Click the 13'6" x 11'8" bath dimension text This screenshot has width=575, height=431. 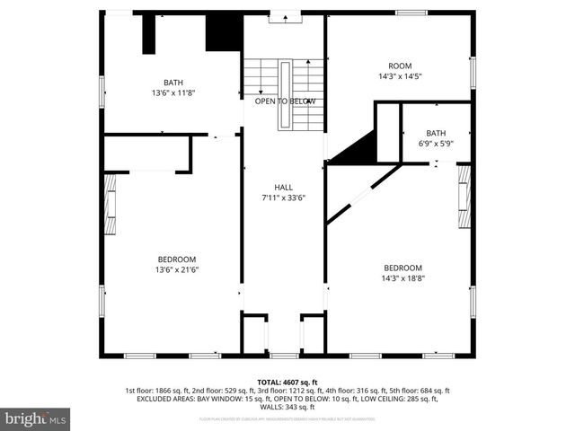pyautogui.click(x=172, y=92)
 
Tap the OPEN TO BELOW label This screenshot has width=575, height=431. pyautogui.click(x=285, y=101)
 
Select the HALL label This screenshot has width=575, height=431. pyautogui.click(x=283, y=188)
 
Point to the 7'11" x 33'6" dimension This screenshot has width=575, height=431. pyautogui.click(x=283, y=198)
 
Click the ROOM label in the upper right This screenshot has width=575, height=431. pyautogui.click(x=399, y=66)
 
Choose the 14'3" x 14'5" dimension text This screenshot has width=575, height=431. pyautogui.click(x=399, y=77)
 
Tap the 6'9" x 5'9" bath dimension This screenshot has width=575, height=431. pyautogui.click(x=436, y=144)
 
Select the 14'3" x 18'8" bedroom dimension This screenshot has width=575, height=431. pyautogui.click(x=402, y=278)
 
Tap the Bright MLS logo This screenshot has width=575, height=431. pyautogui.click(x=36, y=418)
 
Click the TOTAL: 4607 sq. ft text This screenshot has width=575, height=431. pyautogui.click(x=287, y=383)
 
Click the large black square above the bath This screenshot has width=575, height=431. pyautogui.click(x=223, y=33)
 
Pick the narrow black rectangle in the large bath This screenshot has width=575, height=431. pyautogui.click(x=149, y=34)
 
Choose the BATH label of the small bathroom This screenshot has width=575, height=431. pyautogui.click(x=436, y=133)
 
